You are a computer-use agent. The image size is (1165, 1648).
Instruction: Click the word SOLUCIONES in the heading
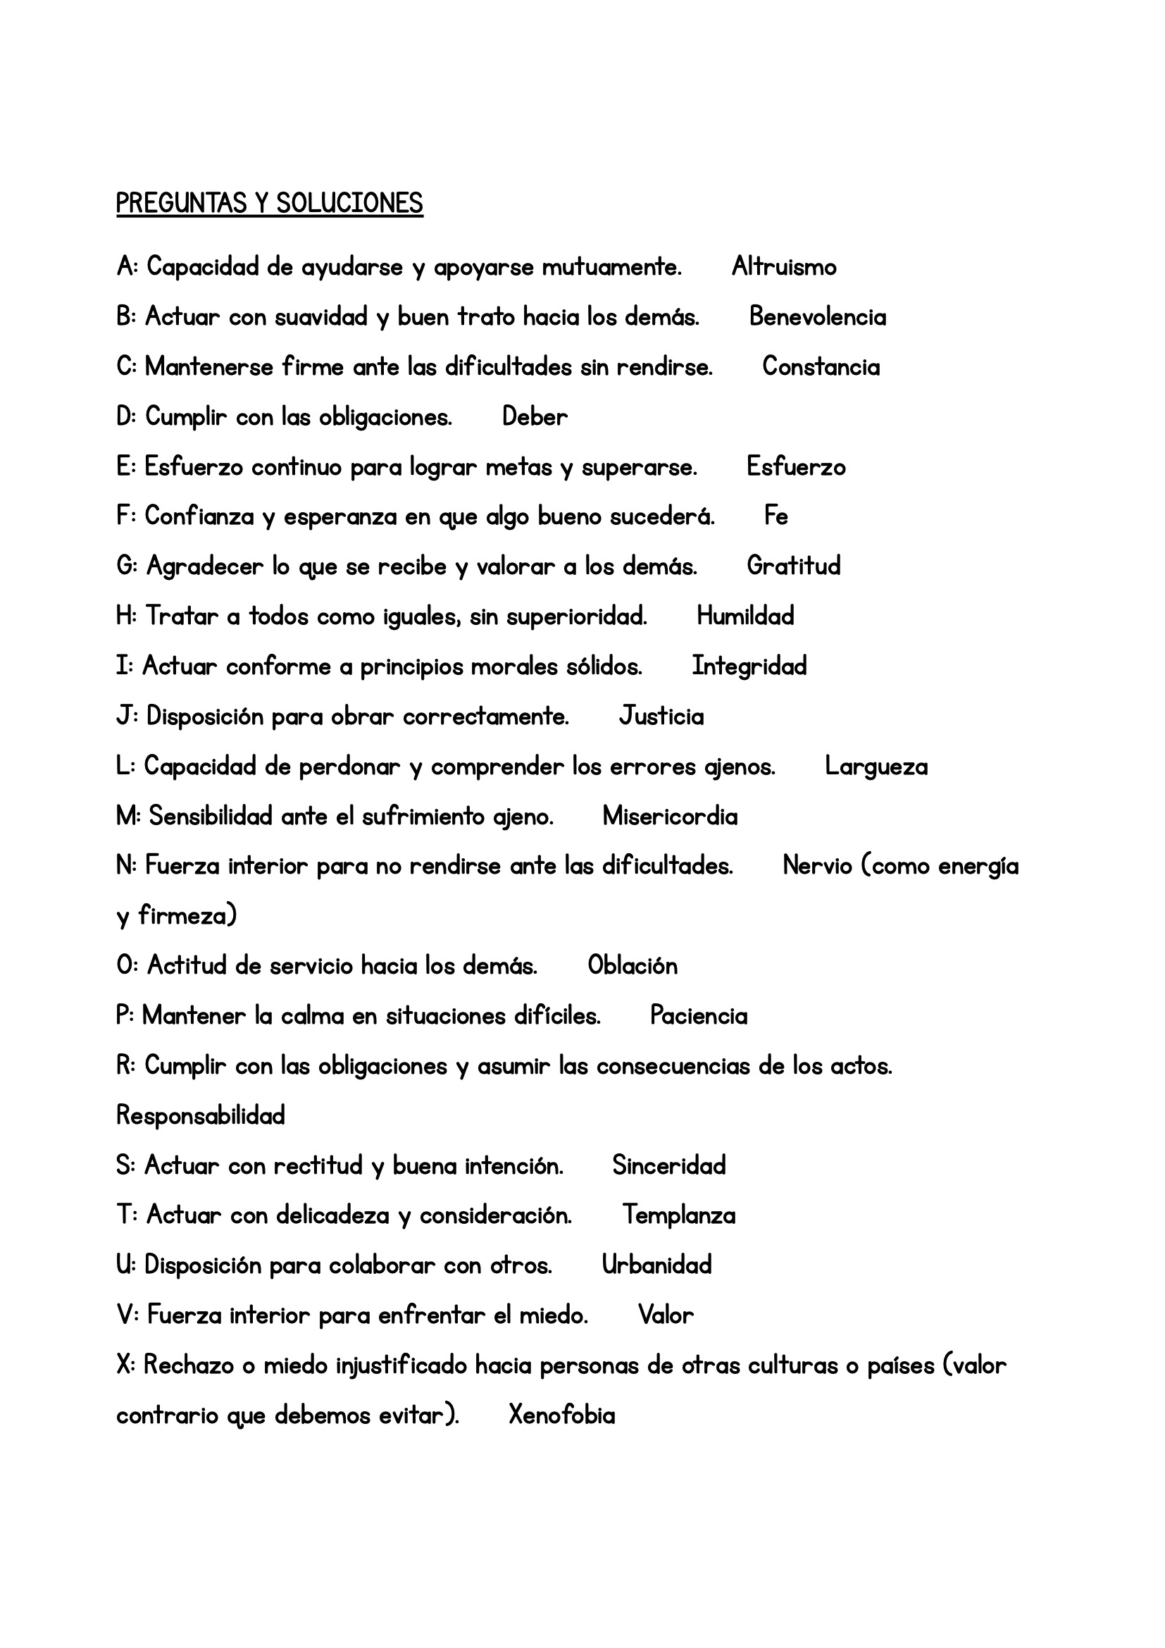[349, 204]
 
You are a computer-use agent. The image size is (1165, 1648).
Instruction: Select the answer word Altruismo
[784, 268]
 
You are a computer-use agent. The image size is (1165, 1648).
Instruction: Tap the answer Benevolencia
[818, 317]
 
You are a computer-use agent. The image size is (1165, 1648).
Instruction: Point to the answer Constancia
[821, 367]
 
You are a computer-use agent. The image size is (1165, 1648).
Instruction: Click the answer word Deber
[535, 417]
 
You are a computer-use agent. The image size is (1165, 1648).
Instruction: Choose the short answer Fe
[776, 516]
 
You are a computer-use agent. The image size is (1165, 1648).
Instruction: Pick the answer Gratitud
[793, 566]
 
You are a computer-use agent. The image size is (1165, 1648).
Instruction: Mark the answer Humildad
[745, 616]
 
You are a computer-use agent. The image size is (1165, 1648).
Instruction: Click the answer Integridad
[749, 666]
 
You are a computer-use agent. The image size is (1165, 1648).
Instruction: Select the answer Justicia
[661, 717]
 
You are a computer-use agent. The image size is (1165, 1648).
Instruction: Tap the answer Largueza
[876, 767]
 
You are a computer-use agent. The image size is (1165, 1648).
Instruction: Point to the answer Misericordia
[670, 816]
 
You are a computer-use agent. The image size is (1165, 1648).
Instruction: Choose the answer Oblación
[632, 966]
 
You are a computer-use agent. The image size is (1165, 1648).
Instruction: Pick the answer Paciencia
[699, 1017]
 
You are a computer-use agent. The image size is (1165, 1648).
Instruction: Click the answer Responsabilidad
[201, 1116]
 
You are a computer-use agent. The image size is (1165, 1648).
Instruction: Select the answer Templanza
[678, 1215]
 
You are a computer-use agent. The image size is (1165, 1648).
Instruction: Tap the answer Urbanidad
[656, 1265]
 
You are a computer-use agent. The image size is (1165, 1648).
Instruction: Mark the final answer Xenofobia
[561, 1415]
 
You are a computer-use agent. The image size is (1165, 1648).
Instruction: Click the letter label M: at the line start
[129, 816]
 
